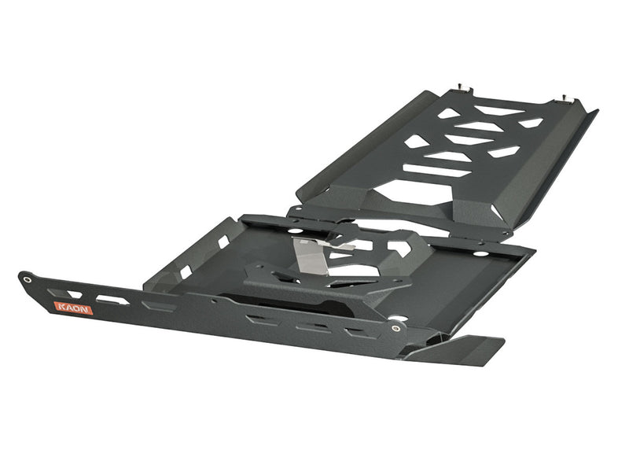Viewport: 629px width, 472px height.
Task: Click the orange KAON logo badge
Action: pos(74,308)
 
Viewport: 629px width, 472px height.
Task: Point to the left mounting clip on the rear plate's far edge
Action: pos(462,86)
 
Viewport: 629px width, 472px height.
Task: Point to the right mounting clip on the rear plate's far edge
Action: pos(565,98)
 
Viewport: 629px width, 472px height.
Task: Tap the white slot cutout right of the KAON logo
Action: pos(112,300)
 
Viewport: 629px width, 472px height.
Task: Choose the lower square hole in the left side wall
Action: pos(186,271)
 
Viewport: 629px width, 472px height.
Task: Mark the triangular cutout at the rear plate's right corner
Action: pos(530,123)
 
